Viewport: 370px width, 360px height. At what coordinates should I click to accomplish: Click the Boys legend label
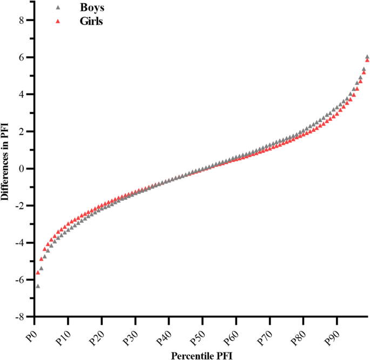click(90, 9)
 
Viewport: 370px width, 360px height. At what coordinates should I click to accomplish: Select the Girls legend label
click(89, 22)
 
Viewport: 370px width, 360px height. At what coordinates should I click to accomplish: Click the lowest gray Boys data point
click(38, 286)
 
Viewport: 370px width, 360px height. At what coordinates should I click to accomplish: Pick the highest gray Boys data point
click(367, 57)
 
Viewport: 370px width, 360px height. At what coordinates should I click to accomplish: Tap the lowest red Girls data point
click(38, 273)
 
